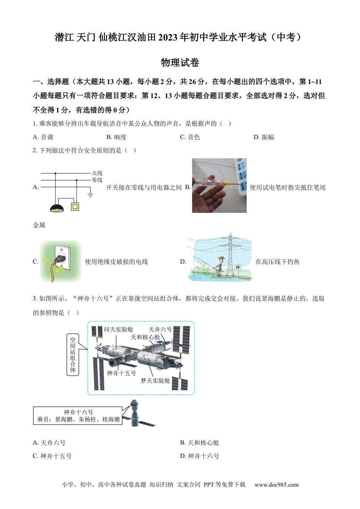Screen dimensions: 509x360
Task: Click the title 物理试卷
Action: (180, 62)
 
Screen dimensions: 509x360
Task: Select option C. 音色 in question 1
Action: (190, 137)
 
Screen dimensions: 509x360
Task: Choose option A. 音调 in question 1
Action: (43, 137)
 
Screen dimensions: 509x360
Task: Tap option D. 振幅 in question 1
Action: (264, 137)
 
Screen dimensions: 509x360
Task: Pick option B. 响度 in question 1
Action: (116, 137)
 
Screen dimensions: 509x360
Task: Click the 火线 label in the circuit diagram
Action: (97, 173)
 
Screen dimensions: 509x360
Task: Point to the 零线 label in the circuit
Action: (97, 180)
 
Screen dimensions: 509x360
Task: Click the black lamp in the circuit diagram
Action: (57, 208)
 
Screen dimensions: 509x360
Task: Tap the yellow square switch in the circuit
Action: (75, 206)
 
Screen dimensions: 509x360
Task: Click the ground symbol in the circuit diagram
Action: (90, 195)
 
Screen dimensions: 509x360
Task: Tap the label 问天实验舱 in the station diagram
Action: (119, 329)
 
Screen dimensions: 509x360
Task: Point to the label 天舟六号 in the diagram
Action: (160, 329)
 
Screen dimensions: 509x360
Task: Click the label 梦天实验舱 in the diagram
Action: (155, 381)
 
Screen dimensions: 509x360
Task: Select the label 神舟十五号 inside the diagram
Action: (121, 373)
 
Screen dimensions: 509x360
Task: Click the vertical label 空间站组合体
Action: (73, 354)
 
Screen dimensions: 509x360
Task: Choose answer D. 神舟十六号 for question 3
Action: (200, 456)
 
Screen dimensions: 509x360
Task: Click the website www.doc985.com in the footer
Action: (276, 485)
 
